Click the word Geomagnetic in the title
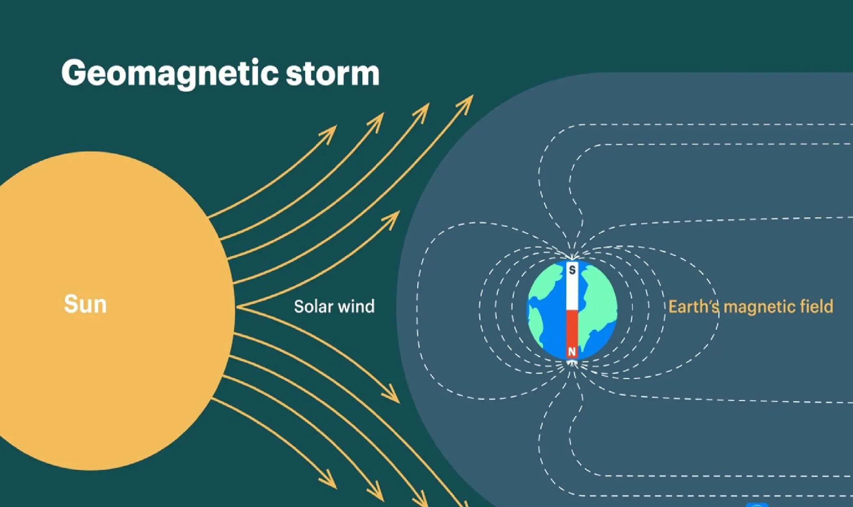pos(170,74)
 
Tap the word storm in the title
pos(333,73)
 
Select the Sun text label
pos(85,304)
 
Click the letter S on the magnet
pos(572,270)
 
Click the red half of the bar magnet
pos(572,334)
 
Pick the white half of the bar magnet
pos(572,286)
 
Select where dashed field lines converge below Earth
pos(572,362)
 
